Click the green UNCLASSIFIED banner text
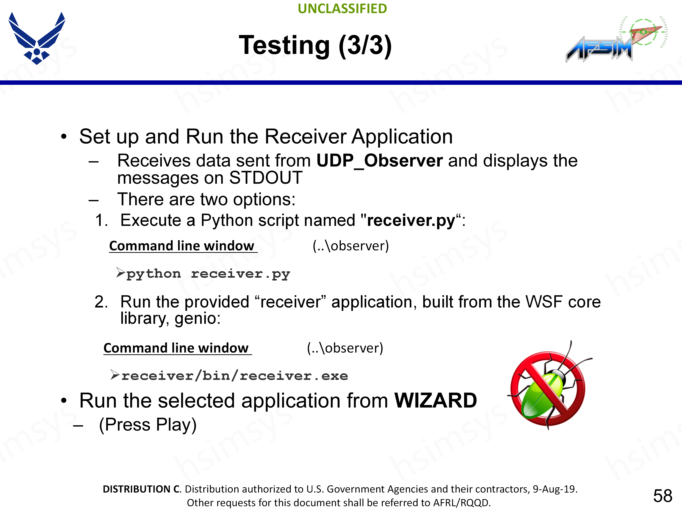[342, 9]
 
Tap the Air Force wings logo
[37, 38]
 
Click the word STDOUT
[266, 178]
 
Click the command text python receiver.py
[208, 274]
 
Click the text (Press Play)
[148, 425]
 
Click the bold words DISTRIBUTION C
[142, 489]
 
